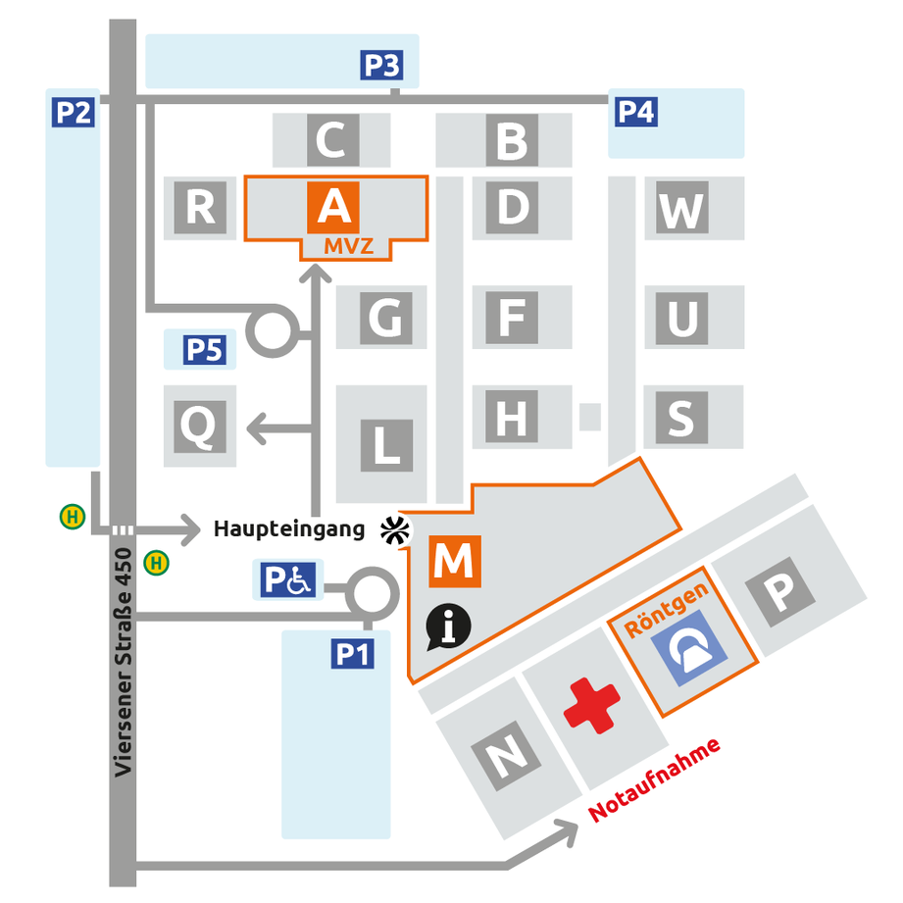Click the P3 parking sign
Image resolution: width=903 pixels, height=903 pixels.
(x=381, y=65)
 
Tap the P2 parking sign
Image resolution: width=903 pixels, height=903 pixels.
(x=74, y=112)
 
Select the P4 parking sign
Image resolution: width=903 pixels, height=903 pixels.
(x=636, y=112)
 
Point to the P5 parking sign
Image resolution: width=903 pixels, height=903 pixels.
(x=205, y=350)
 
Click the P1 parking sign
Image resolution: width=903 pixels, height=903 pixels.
(x=352, y=654)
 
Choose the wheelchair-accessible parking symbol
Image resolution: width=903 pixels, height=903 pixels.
(x=288, y=579)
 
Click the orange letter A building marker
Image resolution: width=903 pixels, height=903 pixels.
(x=333, y=208)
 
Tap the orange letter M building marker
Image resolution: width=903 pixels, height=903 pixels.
(x=455, y=561)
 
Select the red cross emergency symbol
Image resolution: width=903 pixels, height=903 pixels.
(x=591, y=706)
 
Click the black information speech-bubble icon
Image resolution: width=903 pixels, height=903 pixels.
(x=448, y=627)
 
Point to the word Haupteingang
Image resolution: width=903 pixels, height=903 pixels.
(x=289, y=528)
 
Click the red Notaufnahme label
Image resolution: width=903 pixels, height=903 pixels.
(x=654, y=779)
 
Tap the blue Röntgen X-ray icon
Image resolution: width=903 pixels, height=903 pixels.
(x=689, y=648)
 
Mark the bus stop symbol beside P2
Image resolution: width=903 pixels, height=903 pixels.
(x=73, y=517)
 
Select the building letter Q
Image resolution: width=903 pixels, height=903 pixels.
(x=200, y=426)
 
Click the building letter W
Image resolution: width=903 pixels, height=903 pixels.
(x=682, y=208)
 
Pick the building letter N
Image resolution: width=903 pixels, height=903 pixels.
(x=506, y=756)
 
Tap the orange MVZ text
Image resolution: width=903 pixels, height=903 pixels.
(x=348, y=246)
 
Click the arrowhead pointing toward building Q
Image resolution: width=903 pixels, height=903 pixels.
(x=256, y=428)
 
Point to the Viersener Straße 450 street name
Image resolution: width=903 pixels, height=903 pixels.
(x=123, y=662)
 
